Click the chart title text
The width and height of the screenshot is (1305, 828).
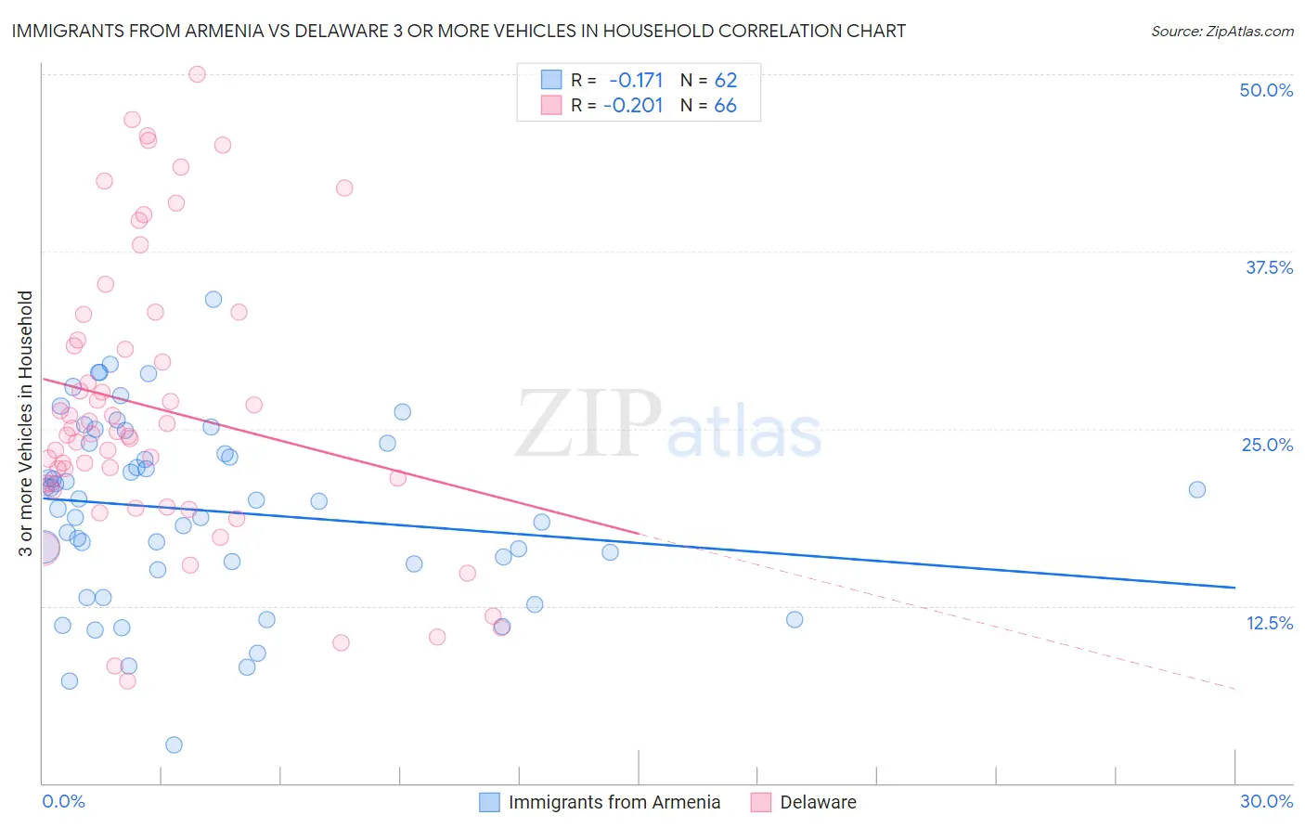tap(459, 31)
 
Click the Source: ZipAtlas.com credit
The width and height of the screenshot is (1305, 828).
tap(1221, 31)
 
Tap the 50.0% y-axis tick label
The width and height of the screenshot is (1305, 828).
tap(1266, 90)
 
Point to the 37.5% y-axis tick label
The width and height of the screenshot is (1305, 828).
tap(1269, 267)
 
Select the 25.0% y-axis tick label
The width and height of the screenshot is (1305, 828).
tap(1267, 445)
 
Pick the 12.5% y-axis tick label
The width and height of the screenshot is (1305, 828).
tap(1269, 623)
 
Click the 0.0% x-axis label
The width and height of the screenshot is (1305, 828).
tap(63, 801)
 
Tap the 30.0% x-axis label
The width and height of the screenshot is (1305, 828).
tap(1266, 801)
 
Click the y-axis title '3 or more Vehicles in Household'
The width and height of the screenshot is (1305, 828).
tap(26, 423)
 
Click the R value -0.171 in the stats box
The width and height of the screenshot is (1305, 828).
tap(636, 81)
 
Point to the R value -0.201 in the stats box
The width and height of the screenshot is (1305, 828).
tap(633, 106)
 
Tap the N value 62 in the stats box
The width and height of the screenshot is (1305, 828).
tap(726, 81)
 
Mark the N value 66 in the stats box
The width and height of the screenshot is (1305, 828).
tap(726, 106)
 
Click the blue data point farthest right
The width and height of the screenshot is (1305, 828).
tap(1197, 489)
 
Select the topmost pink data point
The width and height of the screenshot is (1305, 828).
tap(197, 74)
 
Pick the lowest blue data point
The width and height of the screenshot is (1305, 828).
tap(174, 744)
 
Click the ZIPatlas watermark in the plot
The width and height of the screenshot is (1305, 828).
tap(668, 425)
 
